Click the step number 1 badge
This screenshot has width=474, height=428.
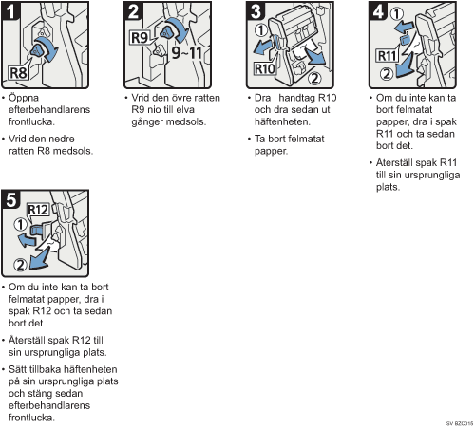point(10,11)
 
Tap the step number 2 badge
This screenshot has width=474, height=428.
point(133,11)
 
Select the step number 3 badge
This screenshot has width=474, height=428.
point(256,11)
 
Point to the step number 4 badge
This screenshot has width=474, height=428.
point(378,11)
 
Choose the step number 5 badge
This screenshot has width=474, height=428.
point(10,199)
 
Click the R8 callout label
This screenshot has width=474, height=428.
point(18,73)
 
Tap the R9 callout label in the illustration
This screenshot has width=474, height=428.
point(140,38)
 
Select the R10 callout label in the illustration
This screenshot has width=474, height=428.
point(265,68)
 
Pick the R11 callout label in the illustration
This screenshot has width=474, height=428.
point(387,56)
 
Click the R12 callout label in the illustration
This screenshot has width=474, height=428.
point(38,210)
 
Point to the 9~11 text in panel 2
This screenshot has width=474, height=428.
point(186,52)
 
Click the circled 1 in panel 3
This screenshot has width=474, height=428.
point(261,30)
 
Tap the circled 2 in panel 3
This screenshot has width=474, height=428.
point(314,78)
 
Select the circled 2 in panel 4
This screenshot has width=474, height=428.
point(387,74)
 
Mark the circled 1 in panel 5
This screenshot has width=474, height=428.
point(20,225)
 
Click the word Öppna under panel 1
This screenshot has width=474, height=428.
point(24,98)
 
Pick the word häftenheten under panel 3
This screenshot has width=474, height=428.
point(282,121)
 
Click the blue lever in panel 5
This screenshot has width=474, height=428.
point(37,231)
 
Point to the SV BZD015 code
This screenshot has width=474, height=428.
point(460,423)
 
